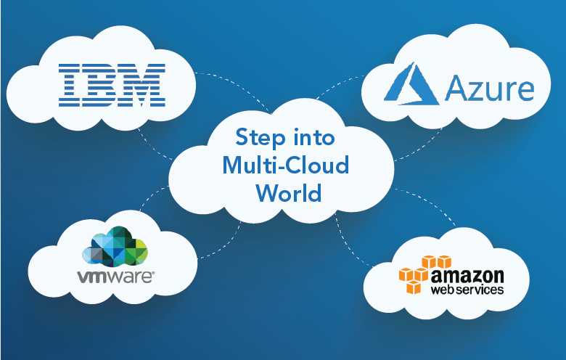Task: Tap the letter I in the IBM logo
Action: point(70,84)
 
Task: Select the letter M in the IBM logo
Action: point(143,84)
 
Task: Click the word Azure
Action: point(490,90)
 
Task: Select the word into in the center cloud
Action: point(313,138)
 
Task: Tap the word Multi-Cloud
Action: point(285,166)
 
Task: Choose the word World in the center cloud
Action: point(285,194)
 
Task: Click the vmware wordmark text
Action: point(114,276)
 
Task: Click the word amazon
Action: point(467,276)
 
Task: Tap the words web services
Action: point(467,290)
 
